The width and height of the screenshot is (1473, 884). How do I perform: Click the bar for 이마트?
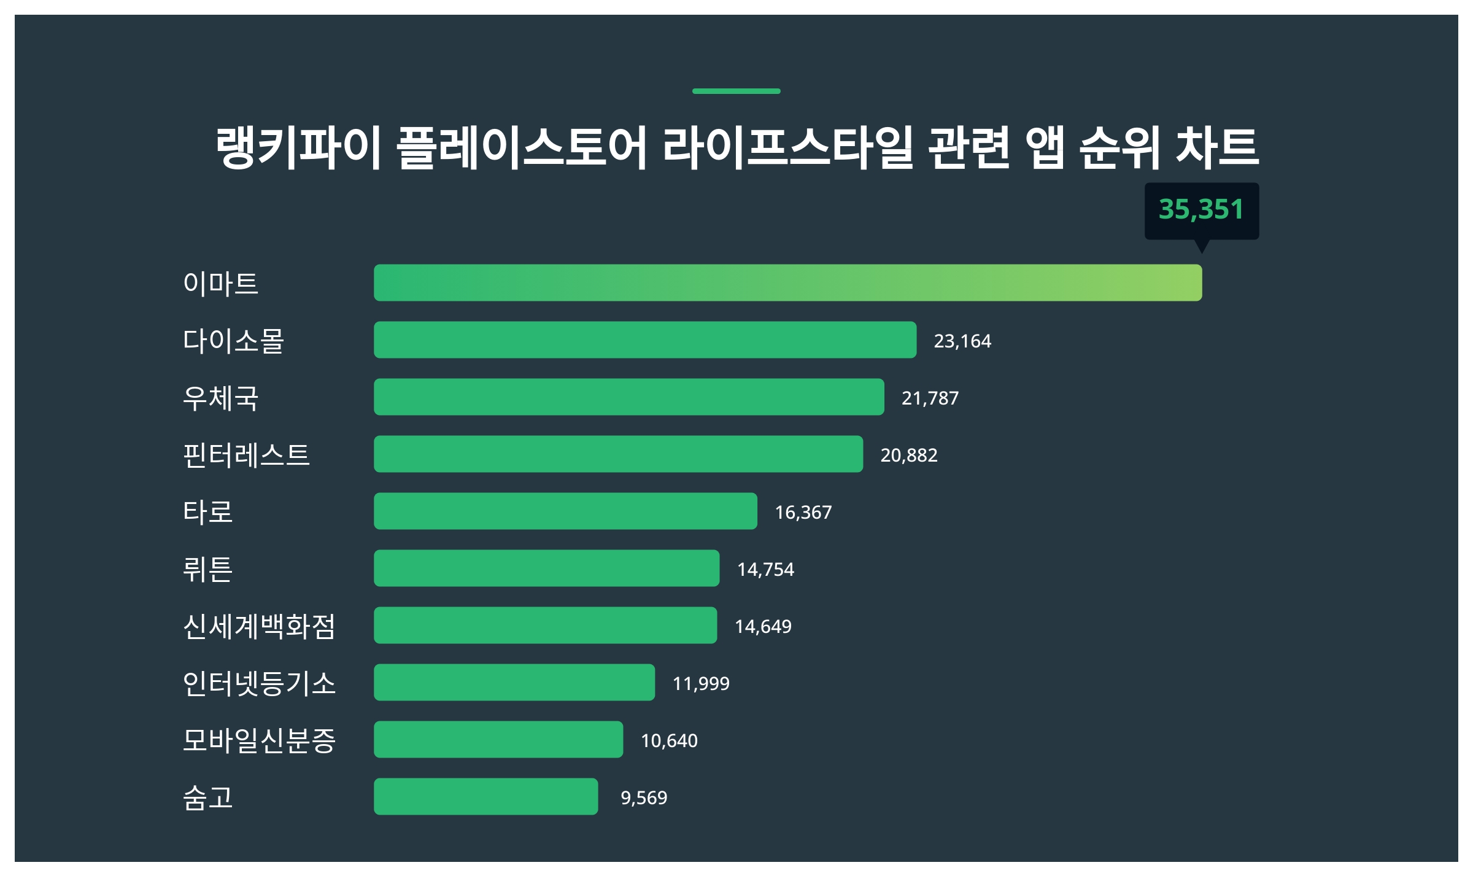tap(787, 282)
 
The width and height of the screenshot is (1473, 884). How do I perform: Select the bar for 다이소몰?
tap(644, 339)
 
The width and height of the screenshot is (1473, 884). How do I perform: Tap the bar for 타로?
tap(565, 511)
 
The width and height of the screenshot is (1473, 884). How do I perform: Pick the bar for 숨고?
tap(485, 796)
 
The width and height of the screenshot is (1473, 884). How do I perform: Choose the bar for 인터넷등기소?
tap(514, 682)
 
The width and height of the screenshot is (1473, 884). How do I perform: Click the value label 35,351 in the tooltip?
tap(1201, 209)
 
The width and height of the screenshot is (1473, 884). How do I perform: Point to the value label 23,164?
tap(962, 341)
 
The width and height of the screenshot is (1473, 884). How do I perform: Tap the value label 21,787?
tap(930, 398)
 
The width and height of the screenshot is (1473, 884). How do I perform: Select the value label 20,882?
tap(908, 455)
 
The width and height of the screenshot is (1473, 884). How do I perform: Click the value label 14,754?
tap(765, 569)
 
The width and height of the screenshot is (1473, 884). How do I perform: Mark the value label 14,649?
tap(763, 626)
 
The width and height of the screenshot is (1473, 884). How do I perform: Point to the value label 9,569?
tap(643, 797)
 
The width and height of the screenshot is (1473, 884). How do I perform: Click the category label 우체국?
tap(220, 398)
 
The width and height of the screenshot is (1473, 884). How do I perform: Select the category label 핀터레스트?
tap(246, 455)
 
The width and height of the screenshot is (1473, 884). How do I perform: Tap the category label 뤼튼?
tap(207, 569)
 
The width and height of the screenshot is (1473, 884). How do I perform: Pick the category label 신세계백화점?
tap(259, 626)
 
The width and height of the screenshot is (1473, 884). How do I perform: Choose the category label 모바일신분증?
tap(259, 740)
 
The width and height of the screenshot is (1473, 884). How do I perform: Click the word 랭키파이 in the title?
tap(299, 147)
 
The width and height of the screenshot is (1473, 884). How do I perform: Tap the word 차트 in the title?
tap(1217, 147)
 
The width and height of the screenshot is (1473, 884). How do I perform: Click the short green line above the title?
tap(736, 91)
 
